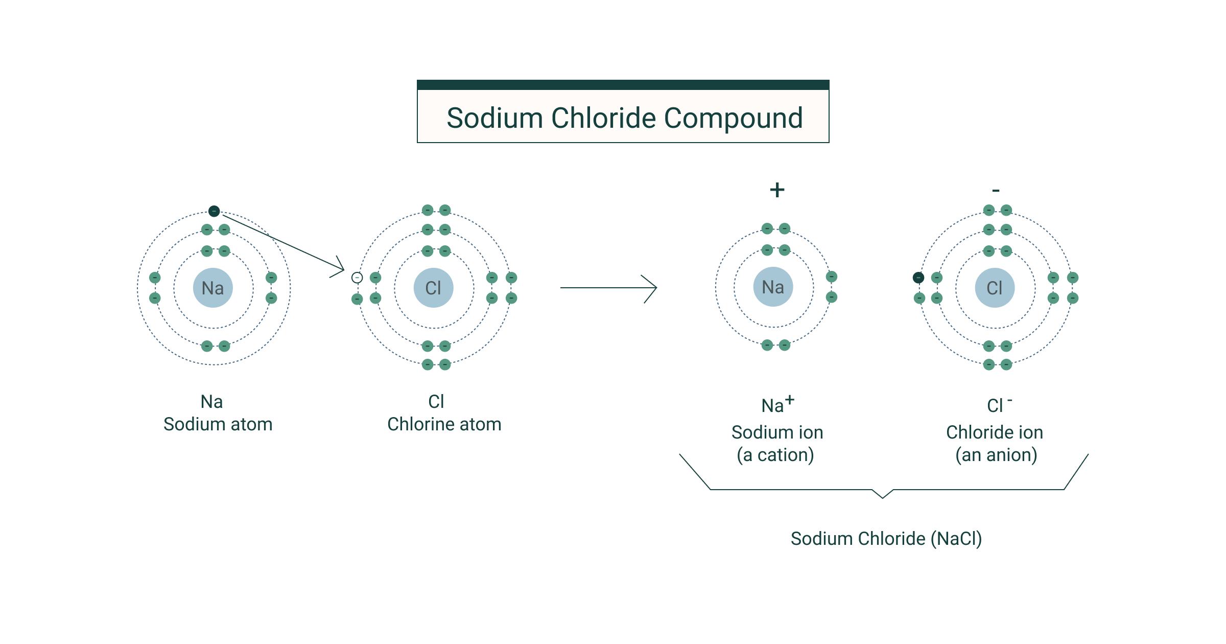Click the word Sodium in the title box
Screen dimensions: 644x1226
(494, 119)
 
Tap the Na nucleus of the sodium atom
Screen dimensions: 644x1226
(213, 288)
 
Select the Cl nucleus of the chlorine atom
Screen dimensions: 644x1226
(434, 288)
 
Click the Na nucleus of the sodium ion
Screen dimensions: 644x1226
(773, 287)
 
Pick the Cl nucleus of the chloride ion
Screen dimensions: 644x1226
(995, 288)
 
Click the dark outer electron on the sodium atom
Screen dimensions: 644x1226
(214, 211)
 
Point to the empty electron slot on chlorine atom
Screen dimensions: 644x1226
(357, 278)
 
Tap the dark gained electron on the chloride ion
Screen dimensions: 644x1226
(918, 278)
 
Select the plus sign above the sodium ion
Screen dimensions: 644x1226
(777, 190)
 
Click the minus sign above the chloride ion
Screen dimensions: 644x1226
(996, 191)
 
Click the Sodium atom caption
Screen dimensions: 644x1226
(218, 424)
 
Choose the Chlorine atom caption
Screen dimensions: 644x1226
(444, 424)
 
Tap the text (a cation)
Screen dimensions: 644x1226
(775, 455)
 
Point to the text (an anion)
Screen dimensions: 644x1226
(996, 455)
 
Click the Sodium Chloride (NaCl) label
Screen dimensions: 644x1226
(886, 539)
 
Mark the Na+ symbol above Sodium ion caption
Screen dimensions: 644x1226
(777, 405)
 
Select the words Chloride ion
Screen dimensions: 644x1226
(994, 432)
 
